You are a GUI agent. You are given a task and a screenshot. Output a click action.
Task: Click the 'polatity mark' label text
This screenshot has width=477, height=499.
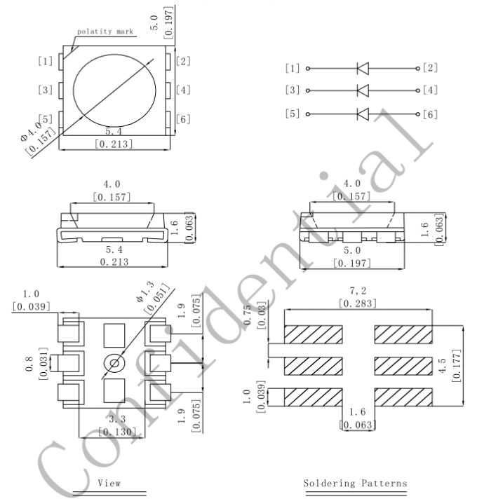click(x=105, y=32)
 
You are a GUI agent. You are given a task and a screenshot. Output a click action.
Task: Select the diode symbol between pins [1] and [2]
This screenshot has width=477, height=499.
click(x=363, y=68)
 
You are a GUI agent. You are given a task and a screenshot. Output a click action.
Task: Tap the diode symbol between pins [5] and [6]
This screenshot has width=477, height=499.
click(x=363, y=114)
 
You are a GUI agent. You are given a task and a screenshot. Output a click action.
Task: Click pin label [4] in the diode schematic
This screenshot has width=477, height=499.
click(x=430, y=90)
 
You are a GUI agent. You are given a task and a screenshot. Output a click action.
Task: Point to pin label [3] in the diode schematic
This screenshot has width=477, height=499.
click(x=293, y=90)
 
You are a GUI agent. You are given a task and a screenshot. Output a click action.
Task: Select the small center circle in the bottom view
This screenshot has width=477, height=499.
click(x=113, y=363)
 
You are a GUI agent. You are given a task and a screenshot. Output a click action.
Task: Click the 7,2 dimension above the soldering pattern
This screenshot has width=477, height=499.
click(x=358, y=289)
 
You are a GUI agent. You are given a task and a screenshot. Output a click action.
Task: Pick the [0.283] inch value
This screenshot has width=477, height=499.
click(x=358, y=303)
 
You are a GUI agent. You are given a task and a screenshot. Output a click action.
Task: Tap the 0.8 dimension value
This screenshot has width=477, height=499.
click(x=29, y=364)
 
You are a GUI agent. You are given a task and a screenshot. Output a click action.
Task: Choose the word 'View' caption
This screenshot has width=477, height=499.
click(x=109, y=484)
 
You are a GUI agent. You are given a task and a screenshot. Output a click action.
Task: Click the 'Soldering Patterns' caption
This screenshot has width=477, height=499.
click(x=354, y=484)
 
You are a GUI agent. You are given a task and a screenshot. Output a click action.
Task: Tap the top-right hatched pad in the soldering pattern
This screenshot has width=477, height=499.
click(x=403, y=334)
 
